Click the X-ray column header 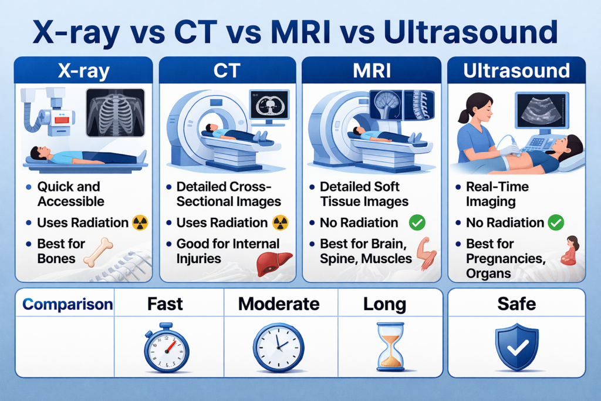83,71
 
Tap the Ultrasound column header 516,70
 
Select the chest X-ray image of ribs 116,113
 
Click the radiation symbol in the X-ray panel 140,223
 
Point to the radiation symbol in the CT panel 280,223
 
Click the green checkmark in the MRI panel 417,223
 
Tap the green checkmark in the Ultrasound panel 556,223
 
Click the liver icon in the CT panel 274,264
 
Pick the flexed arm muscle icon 427,252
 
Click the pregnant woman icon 570,251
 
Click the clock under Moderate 279,348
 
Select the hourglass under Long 390,346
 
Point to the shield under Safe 517,347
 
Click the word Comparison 67,304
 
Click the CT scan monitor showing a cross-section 269,105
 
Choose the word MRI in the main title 300,32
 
